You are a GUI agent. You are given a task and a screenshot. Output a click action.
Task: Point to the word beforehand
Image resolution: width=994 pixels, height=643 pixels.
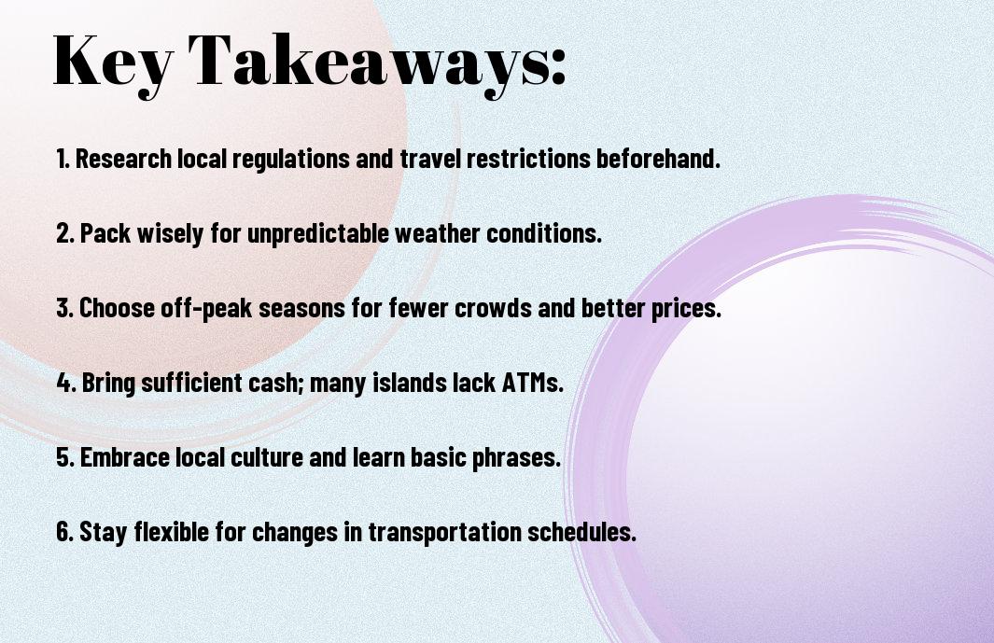pyautogui.click(x=658, y=159)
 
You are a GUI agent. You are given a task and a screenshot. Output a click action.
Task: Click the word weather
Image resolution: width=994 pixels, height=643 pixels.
pyautogui.click(x=438, y=233)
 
